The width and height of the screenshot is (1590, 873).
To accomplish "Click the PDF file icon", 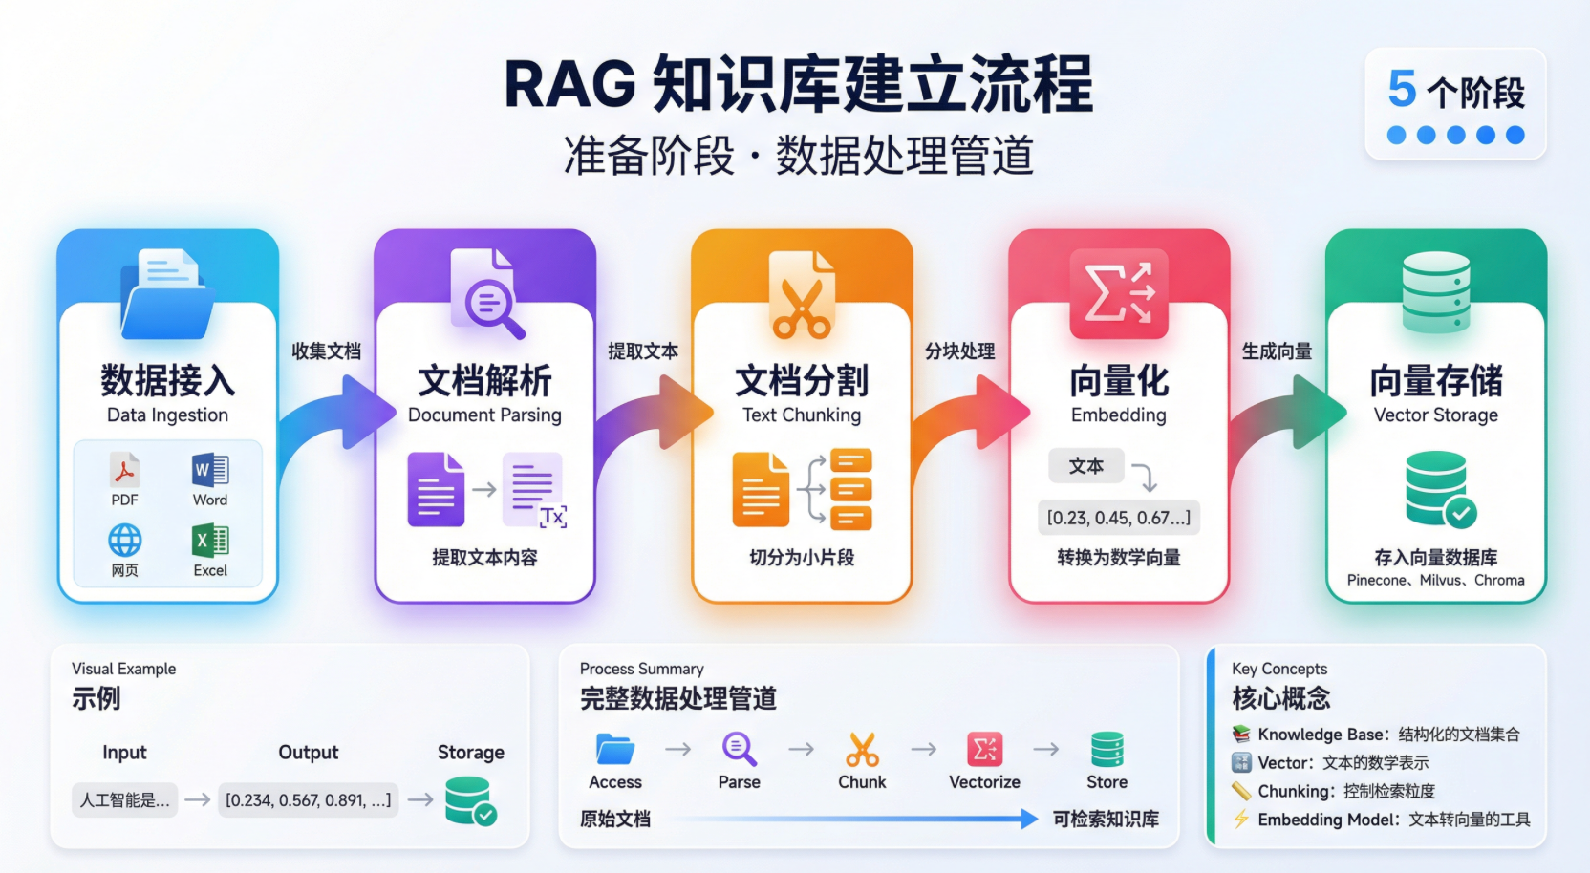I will [x=124, y=470].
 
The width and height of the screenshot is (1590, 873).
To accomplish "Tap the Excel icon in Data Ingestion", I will [x=210, y=541].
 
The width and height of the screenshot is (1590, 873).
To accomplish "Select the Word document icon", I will [x=210, y=470].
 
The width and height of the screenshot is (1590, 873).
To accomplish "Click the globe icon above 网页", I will [x=124, y=541].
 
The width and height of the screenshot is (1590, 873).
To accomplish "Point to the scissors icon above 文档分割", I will [x=802, y=309].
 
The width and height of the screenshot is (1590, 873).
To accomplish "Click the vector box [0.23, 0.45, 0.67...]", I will [x=1119, y=518].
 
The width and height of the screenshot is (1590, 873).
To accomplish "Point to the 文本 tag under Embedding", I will [x=1085, y=466].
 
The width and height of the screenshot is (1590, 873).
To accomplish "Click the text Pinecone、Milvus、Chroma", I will [x=1435, y=580].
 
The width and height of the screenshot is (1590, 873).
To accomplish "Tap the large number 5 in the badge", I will [x=1402, y=90].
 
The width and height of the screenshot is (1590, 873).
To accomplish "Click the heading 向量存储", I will [x=1435, y=381].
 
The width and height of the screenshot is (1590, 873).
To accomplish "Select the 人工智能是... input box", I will [x=125, y=800].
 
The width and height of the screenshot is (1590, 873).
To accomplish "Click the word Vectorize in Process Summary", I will [x=984, y=782].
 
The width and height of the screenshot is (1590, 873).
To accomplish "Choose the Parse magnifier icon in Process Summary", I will [x=740, y=750].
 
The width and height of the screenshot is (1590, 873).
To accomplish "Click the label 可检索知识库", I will [x=1106, y=819].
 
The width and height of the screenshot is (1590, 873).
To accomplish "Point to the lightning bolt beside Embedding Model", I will [x=1241, y=820].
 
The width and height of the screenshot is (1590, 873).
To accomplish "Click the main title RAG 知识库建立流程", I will [x=798, y=85].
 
